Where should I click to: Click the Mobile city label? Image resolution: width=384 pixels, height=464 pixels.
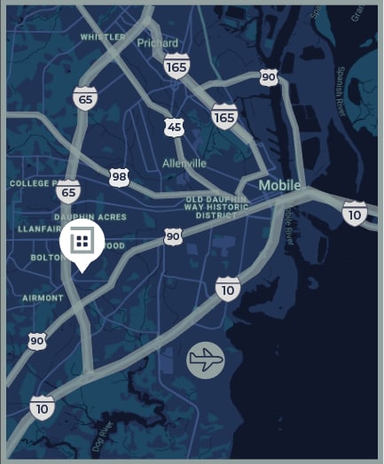point(279,185)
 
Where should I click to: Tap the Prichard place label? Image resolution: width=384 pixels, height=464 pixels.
point(157,42)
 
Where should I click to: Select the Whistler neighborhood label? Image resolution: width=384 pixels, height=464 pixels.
point(103,37)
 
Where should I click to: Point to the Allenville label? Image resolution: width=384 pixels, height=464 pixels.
point(184,164)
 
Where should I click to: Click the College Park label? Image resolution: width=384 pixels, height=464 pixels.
point(32,183)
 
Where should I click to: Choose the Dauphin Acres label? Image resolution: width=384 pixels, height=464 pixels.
point(90,216)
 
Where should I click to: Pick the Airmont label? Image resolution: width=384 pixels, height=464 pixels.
point(43,298)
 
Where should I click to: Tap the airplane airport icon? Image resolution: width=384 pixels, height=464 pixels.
point(206,360)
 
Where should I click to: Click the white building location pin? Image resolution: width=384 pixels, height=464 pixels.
point(82,241)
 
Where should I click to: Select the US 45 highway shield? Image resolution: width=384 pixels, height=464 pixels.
point(175,128)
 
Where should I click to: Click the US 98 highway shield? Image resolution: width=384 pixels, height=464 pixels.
point(120,177)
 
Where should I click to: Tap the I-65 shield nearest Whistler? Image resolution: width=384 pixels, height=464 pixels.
point(85,97)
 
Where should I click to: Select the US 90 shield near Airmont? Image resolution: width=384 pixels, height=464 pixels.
point(36,340)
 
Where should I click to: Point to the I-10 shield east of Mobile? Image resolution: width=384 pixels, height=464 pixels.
point(355,213)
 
